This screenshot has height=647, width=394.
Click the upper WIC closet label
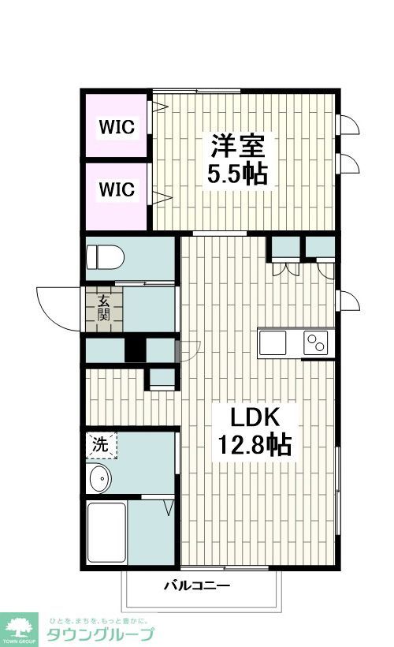click(116, 126)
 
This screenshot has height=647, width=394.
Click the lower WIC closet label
click(116, 189)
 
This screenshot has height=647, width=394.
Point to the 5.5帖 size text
click(237, 173)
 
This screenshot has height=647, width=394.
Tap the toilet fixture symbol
click(105, 257)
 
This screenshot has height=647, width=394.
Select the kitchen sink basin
click(273, 342)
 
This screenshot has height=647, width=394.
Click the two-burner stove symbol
click(317, 342)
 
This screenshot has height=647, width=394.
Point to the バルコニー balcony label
click(196, 586)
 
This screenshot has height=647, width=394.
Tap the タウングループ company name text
click(100, 634)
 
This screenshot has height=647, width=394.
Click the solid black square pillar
click(135, 349)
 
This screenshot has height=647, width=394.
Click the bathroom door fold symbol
click(169, 507)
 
